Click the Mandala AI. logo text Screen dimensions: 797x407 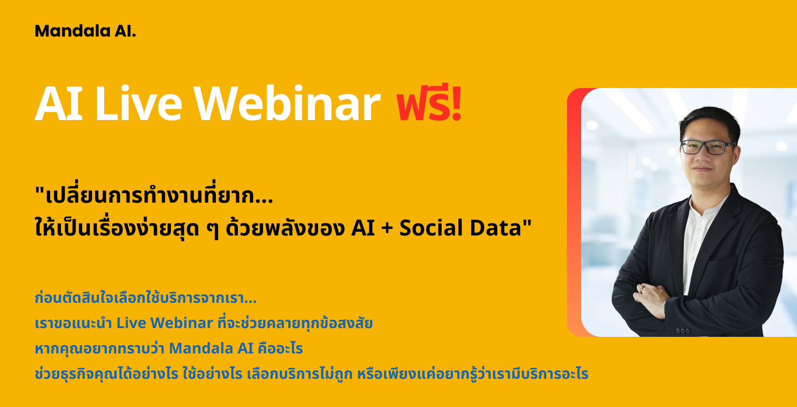pos(86,31)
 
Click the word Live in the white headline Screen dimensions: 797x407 pos(139,104)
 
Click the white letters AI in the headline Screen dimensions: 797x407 pos(59,104)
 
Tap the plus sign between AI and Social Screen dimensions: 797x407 pos(387,229)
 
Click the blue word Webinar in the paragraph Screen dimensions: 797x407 pos(182,323)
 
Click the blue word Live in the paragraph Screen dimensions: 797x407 pos(131,323)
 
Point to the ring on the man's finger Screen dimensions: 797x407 pos(642,288)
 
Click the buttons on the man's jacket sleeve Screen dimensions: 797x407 pos(683,331)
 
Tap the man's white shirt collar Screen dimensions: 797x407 pos(706,203)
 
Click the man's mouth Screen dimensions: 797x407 pos(703,169)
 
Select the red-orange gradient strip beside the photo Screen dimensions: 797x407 pos(574,212)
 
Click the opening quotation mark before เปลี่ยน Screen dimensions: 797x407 pos(39,191)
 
